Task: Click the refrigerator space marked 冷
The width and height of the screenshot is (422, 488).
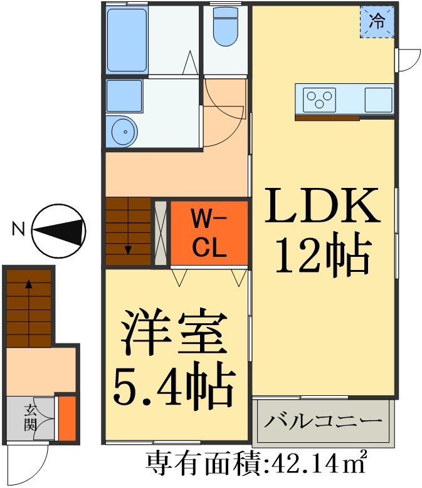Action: click(377, 23)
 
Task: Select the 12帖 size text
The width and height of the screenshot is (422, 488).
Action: click(322, 255)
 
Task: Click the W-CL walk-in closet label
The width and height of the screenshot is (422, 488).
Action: click(209, 234)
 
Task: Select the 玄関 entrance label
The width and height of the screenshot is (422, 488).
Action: click(30, 418)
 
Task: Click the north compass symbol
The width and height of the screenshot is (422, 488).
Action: click(58, 230)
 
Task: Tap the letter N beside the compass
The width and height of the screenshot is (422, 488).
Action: click(18, 230)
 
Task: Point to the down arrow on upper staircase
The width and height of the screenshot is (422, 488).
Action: click(129, 249)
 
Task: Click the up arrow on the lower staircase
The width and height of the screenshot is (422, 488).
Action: click(29, 284)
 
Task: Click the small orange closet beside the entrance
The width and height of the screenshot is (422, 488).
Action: click(66, 418)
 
